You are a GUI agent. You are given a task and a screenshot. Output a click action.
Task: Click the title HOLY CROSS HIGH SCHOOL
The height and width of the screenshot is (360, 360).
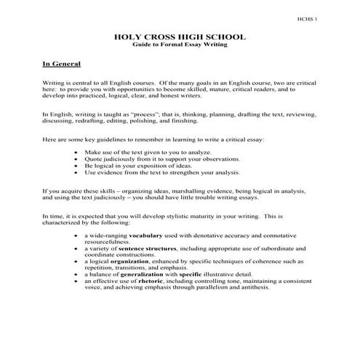point(180,36)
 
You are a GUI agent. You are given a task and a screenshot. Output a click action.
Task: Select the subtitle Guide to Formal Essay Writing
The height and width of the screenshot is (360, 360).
point(180,44)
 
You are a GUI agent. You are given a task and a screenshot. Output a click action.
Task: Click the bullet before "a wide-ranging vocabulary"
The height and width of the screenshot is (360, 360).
point(78,236)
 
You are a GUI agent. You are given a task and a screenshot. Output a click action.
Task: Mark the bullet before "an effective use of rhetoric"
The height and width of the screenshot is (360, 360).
point(78,280)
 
